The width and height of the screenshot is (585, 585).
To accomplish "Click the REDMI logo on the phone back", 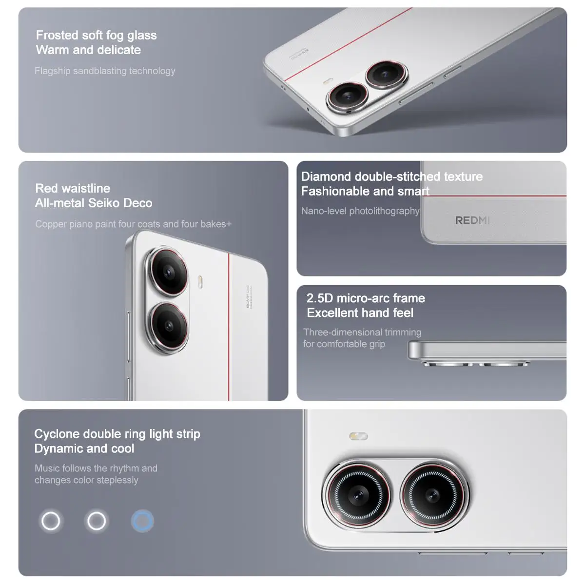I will (x=472, y=220).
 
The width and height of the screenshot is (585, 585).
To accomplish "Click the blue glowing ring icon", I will (x=142, y=521).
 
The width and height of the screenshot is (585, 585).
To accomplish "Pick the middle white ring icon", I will (x=96, y=521).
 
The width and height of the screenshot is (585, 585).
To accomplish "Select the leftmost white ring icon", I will (x=51, y=521).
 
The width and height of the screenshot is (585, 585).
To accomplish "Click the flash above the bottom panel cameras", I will (x=359, y=436).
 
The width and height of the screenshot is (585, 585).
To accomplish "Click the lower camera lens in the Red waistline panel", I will (x=168, y=326).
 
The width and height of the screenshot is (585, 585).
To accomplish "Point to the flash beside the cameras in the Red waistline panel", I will (x=200, y=281).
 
